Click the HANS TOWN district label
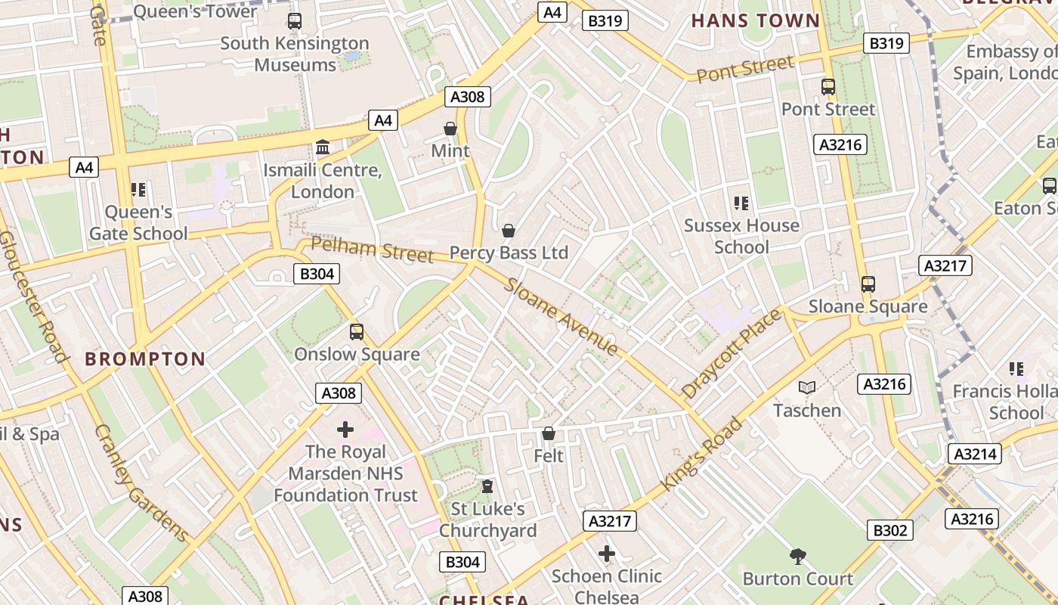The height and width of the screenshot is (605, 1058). [x=755, y=20]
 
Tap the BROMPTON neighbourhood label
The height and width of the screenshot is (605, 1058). [x=145, y=358]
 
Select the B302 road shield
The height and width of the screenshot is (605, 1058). [x=889, y=530]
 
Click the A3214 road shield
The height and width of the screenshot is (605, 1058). [x=976, y=454]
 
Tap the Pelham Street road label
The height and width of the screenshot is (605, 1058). [x=373, y=249]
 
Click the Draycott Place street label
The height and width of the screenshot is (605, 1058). [x=731, y=354]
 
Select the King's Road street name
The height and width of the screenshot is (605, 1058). [x=701, y=453]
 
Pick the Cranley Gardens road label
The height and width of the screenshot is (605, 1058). [x=141, y=483]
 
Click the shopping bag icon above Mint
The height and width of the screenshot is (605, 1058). [x=450, y=129]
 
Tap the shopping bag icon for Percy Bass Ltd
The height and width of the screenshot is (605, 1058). [x=509, y=231]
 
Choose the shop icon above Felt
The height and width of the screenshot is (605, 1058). [x=549, y=434]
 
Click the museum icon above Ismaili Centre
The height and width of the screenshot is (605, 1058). [x=323, y=147]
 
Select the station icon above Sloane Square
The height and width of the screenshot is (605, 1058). [x=868, y=285]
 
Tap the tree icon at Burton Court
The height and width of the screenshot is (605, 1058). [x=797, y=557]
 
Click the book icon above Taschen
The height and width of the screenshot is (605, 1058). [x=807, y=388]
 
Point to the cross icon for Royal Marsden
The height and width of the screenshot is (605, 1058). [x=345, y=430]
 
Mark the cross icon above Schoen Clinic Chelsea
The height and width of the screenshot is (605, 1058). [x=606, y=554]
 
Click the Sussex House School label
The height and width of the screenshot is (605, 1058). [x=741, y=236]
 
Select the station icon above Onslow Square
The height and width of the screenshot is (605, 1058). [x=357, y=332]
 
